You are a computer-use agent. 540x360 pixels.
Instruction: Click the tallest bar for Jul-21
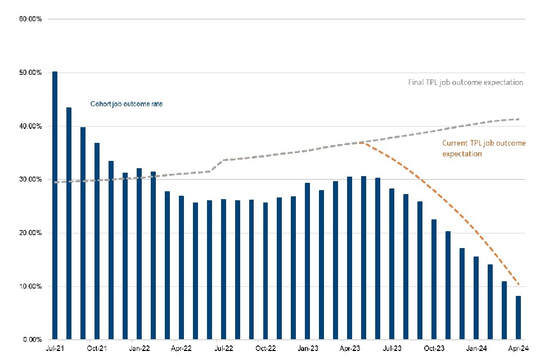coord(55,206)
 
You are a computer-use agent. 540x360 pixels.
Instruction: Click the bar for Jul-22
coord(223,269)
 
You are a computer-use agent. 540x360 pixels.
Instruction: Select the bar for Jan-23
coord(308,261)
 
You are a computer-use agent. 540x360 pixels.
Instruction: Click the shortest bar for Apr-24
coord(518,318)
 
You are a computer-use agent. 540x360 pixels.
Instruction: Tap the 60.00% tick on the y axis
coord(30,19)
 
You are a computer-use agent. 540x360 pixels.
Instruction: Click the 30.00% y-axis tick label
coord(30,179)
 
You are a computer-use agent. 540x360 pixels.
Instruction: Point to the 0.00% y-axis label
coord(31,340)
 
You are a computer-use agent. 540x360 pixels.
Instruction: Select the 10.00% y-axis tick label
coord(30,286)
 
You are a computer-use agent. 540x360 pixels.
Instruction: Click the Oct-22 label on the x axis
coord(265,349)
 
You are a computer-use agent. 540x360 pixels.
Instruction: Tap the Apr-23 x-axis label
coord(350,349)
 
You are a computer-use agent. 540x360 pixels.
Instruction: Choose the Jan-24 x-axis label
coord(476,349)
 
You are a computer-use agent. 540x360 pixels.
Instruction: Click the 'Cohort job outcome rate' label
coord(126,103)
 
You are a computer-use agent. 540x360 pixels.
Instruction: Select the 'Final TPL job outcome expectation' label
coord(466,82)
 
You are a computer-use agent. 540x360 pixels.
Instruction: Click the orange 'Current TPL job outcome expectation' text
coord(484,148)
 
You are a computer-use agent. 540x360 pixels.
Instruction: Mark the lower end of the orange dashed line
coord(518,285)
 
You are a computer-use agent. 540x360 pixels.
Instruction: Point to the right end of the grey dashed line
coord(518,119)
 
